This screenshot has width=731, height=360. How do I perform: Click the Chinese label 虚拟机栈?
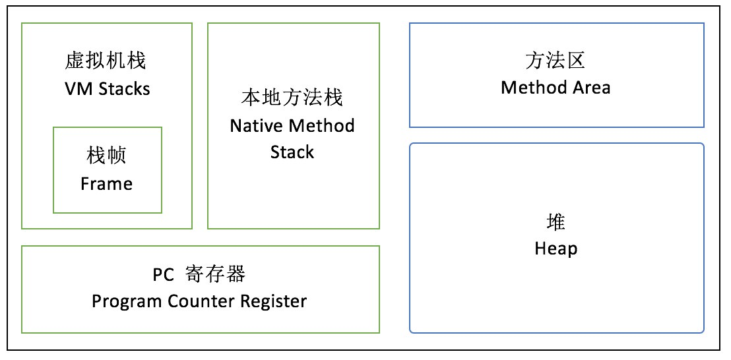[x=106, y=61]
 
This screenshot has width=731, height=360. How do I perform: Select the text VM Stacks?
[x=106, y=88]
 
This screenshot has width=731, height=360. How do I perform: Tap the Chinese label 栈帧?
[x=106, y=156]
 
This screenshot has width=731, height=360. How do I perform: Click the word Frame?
[x=106, y=183]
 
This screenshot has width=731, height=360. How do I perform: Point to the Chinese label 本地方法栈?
[x=292, y=98]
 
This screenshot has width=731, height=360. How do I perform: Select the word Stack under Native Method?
[x=292, y=152]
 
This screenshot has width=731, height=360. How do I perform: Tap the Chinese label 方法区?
[x=556, y=61]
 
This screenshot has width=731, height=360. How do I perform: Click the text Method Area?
[x=556, y=88]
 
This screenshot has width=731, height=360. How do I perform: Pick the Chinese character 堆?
[x=556, y=222]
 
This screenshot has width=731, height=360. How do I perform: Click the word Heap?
[x=556, y=249]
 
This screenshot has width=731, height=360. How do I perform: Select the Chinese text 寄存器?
[x=220, y=274]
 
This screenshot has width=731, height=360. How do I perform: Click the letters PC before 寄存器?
[x=163, y=274]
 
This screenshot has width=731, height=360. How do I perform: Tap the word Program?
[x=123, y=302]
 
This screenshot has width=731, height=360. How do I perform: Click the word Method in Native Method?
[x=323, y=125]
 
